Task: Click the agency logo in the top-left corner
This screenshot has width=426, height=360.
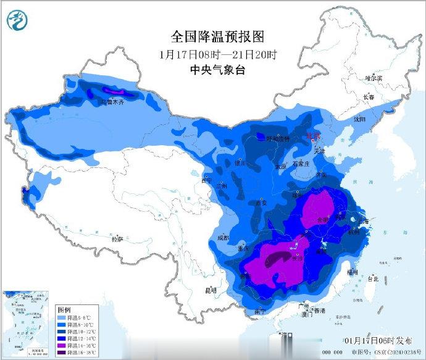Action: click(18, 22)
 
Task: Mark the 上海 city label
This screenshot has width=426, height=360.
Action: click(364, 221)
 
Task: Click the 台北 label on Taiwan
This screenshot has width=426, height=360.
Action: click(373, 278)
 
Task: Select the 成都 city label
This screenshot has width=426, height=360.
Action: click(223, 238)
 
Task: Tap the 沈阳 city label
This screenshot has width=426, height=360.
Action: click(359, 119)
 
